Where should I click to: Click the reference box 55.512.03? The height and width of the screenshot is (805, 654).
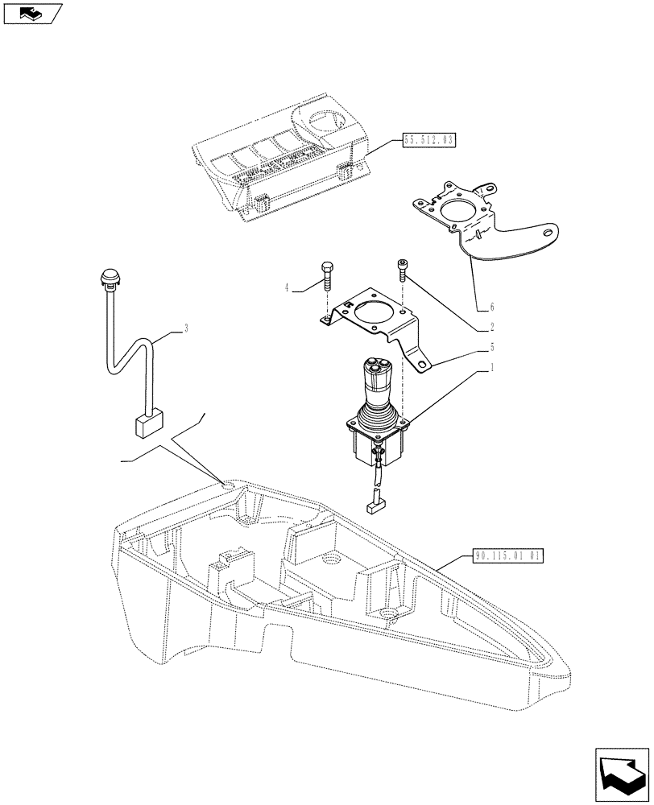tap(428, 141)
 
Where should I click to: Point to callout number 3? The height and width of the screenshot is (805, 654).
tap(187, 328)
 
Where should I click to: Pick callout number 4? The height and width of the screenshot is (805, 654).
tap(288, 287)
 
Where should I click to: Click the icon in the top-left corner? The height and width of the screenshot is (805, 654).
tap(32, 13)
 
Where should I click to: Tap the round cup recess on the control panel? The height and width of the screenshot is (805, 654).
tap(329, 123)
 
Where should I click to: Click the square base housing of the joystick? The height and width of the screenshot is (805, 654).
tap(376, 445)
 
